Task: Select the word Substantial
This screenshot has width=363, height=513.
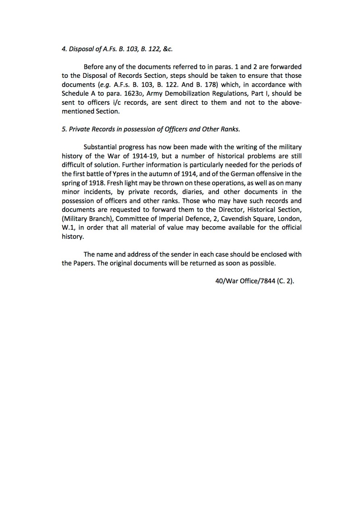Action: (99, 147)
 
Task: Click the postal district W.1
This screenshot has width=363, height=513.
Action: (69, 227)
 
